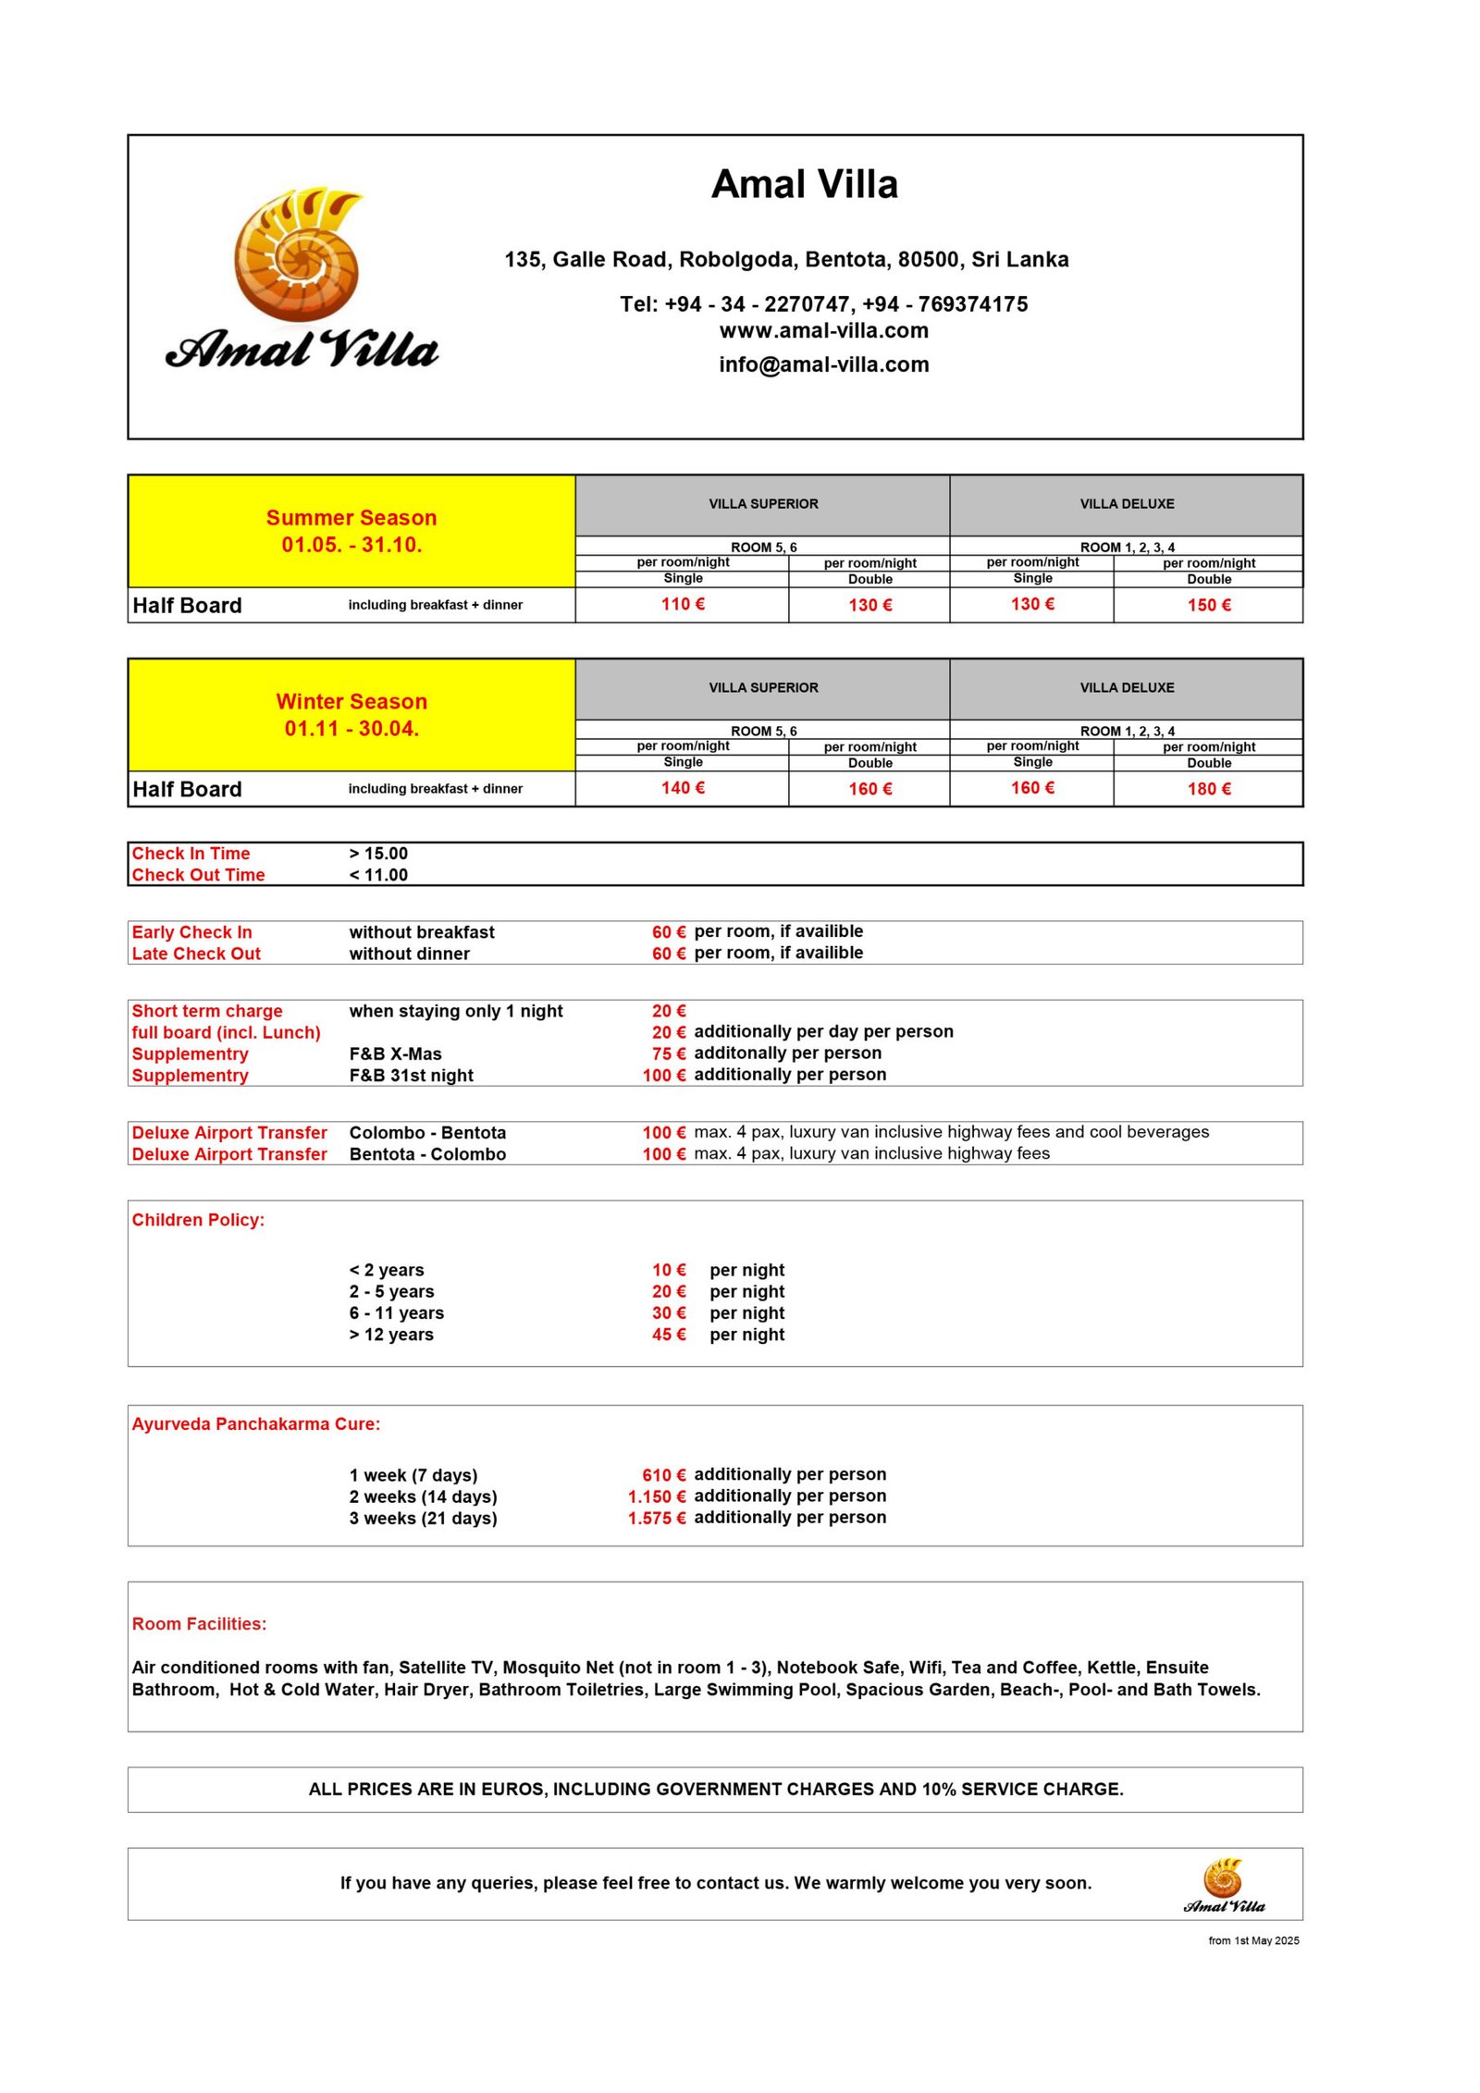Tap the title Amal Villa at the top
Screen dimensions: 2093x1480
coord(804,184)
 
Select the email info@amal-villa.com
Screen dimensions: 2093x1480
coord(823,364)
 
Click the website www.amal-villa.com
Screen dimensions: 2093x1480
coord(823,330)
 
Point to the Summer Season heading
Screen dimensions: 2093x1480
coord(351,518)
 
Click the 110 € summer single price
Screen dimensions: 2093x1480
coord(683,604)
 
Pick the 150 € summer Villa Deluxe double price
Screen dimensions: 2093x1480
coord(1208,605)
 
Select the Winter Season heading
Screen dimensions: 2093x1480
coord(351,701)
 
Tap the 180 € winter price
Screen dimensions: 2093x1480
coord(1208,789)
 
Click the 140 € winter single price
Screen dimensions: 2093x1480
coord(683,788)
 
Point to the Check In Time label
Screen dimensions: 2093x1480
coord(191,854)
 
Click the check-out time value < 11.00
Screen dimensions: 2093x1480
coord(378,875)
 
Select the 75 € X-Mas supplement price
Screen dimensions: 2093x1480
coord(668,1053)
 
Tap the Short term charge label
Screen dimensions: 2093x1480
coord(207,1011)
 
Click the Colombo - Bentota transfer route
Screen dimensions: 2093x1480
coord(427,1133)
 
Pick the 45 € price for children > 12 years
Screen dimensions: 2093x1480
coord(668,1335)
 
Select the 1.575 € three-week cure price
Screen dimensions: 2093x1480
coord(656,1519)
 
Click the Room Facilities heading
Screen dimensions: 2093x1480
coord(199,1624)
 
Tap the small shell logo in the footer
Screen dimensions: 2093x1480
coord(1223,1879)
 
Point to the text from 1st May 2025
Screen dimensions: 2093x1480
coord(1252,1940)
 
